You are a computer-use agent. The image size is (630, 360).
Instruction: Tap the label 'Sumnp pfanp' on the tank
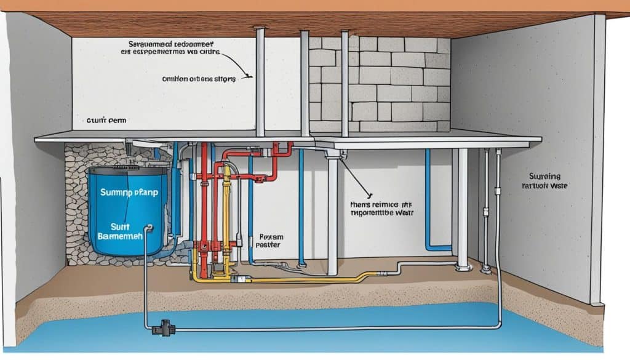click(x=128, y=192)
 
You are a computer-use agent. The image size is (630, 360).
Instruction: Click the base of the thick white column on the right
click(x=462, y=266)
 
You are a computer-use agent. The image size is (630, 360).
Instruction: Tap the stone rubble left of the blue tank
click(x=76, y=203)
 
